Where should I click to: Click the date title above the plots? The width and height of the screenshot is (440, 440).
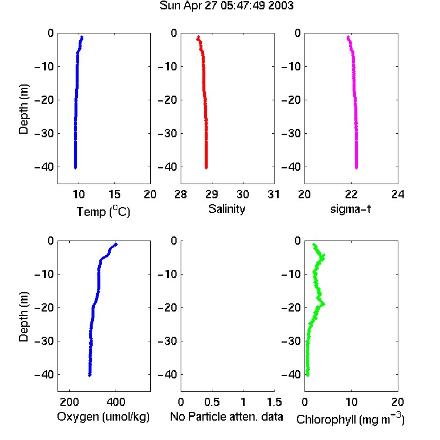[226, 6]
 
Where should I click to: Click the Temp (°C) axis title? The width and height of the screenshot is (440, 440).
[103, 211]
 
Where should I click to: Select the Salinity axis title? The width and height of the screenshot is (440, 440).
[226, 209]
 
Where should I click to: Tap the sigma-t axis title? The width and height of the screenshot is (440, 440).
[350, 209]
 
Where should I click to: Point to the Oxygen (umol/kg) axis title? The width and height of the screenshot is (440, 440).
[103, 417]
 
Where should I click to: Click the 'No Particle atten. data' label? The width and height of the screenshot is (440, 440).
[226, 417]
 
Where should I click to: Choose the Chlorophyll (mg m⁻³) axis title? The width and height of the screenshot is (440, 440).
[350, 419]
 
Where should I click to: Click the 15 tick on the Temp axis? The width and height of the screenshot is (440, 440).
[114, 194]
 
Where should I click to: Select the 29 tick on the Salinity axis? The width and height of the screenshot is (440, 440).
[212, 194]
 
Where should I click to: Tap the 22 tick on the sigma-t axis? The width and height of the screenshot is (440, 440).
[351, 194]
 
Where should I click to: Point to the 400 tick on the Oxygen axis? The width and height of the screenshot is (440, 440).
[116, 402]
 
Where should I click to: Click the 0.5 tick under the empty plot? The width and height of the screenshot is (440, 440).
[212, 402]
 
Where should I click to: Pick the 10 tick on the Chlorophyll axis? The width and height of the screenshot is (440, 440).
[351, 402]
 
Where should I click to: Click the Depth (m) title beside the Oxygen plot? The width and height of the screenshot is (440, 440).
[23, 317]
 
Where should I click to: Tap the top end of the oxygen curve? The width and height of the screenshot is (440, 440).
[116, 245]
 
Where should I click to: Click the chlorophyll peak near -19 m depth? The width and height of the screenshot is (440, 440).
[323, 304]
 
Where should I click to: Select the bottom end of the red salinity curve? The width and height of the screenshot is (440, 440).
[206, 168]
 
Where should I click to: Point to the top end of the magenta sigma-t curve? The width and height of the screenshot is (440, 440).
[348, 37]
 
